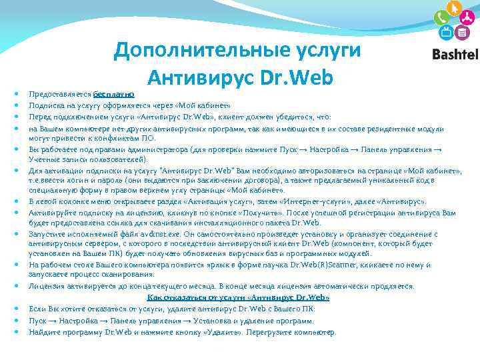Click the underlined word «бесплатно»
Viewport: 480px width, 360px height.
click(x=114, y=95)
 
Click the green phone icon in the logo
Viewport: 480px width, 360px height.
click(x=440, y=19)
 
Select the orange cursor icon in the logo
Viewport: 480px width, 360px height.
click(x=455, y=8)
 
